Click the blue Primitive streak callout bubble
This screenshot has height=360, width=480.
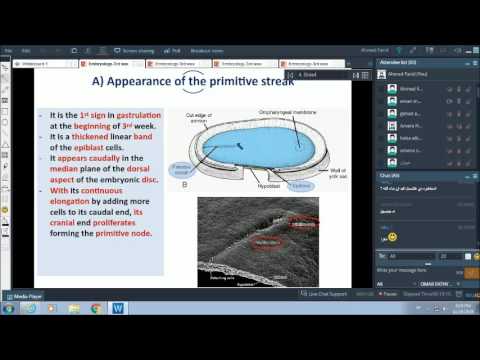(181, 170)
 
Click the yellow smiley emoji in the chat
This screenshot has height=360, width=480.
(392, 236)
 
